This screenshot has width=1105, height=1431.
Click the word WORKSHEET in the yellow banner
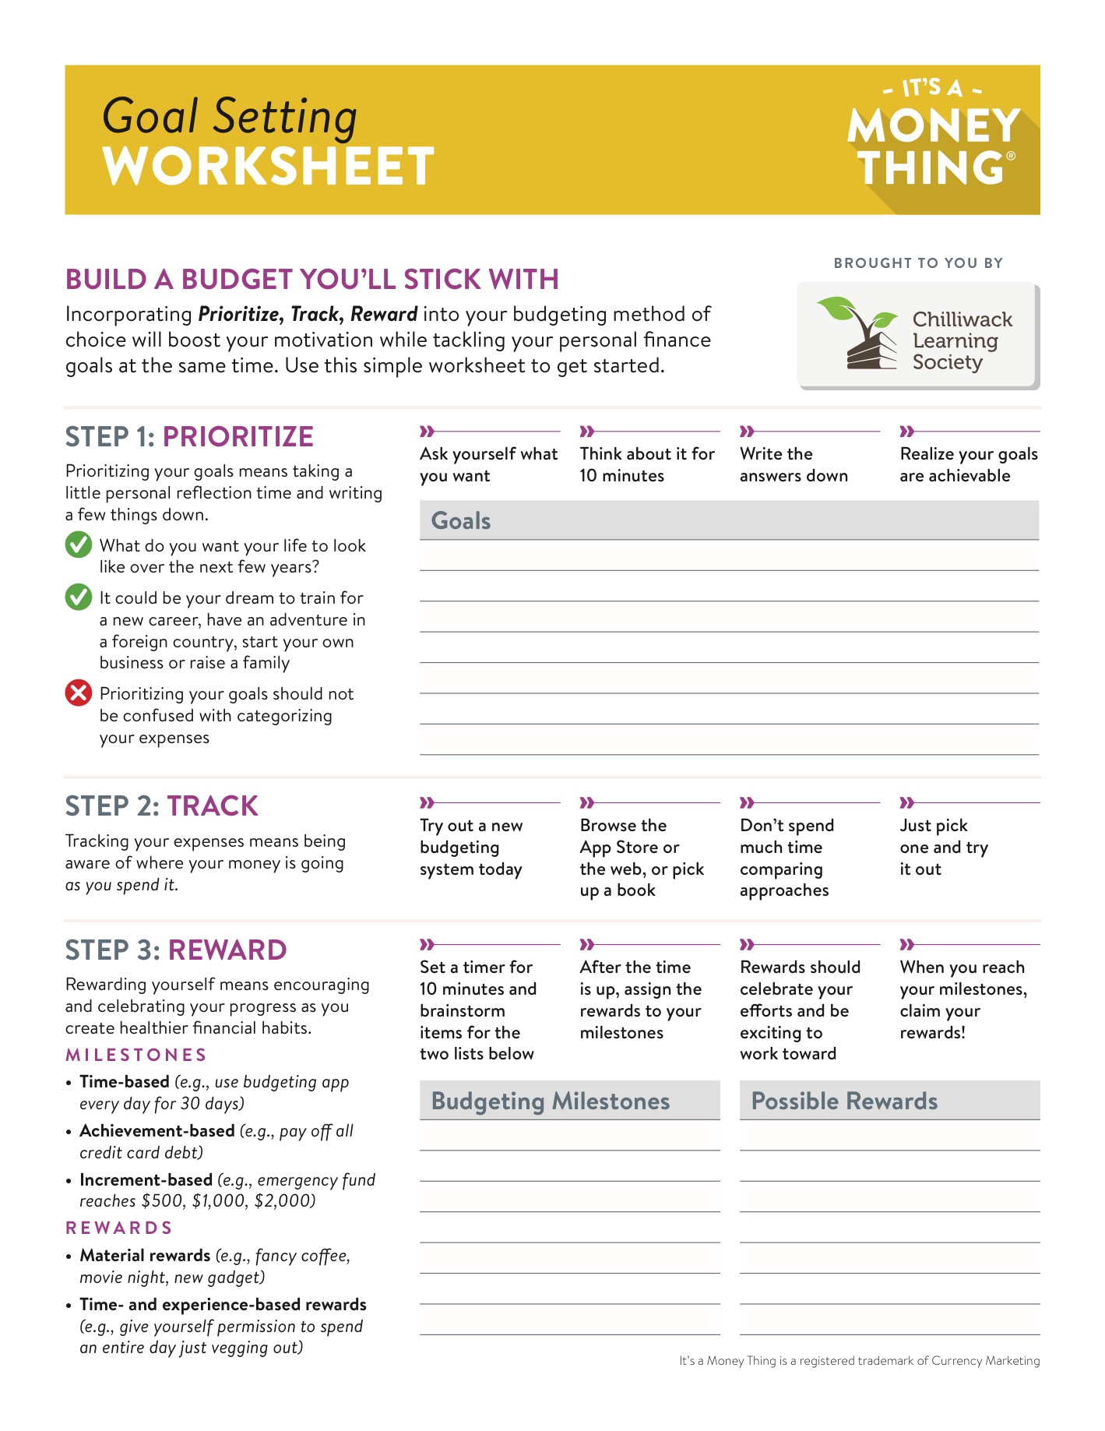(268, 166)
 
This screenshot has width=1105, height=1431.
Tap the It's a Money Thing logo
(934, 136)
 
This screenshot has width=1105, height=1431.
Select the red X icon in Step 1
(78, 693)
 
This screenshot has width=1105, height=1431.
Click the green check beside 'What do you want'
(78, 545)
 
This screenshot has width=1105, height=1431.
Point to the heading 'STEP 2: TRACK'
(161, 806)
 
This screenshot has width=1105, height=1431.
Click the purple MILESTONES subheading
(136, 1055)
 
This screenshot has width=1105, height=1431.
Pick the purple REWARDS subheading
(119, 1228)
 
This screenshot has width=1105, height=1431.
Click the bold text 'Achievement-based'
(157, 1130)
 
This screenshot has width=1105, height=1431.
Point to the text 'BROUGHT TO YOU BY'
(918, 263)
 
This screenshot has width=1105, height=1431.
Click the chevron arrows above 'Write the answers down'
(747, 431)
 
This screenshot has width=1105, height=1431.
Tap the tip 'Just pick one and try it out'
(944, 847)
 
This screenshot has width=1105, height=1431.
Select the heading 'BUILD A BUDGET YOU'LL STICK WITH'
(311, 280)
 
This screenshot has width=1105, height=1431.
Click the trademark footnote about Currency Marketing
(859, 1361)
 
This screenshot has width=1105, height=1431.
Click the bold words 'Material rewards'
(145, 1255)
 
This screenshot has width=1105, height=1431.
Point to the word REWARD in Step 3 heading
(227, 950)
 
